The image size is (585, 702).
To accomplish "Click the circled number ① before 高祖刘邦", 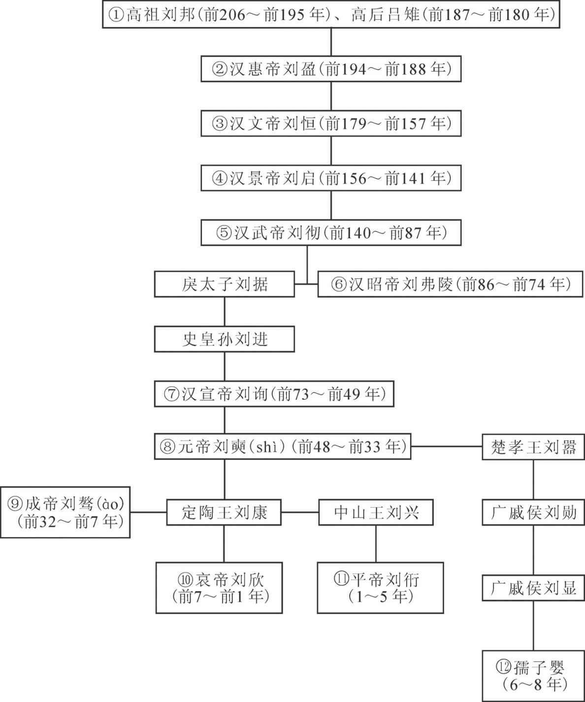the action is (x=116, y=15).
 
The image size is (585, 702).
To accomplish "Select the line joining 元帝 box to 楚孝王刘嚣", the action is (x=447, y=447).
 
